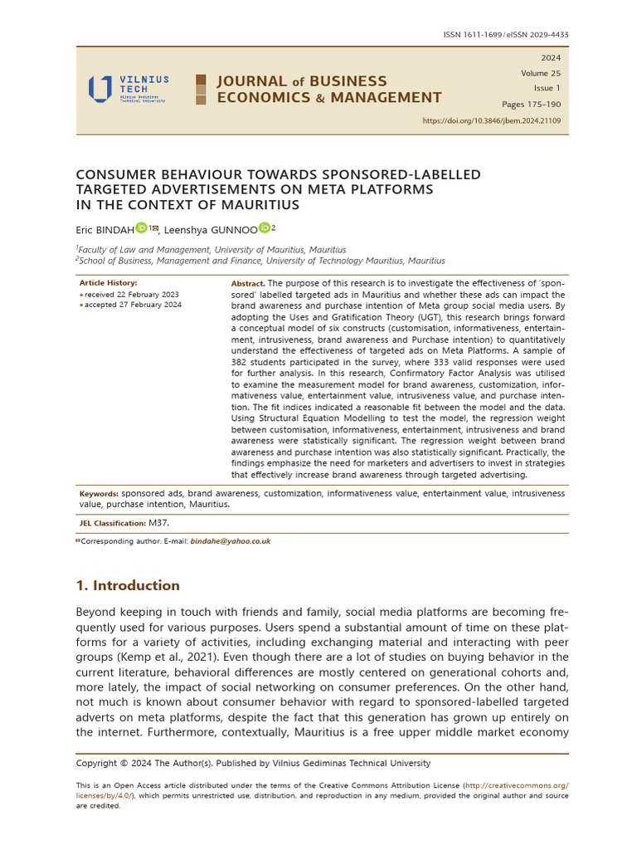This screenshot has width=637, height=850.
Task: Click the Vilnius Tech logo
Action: click(128, 89)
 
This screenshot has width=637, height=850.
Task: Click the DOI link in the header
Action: click(491, 120)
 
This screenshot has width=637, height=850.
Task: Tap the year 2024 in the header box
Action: click(550, 58)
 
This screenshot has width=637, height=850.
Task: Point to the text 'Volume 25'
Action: click(540, 73)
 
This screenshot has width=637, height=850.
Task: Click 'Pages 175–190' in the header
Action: click(531, 105)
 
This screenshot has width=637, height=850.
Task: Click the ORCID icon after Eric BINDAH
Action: click(141, 227)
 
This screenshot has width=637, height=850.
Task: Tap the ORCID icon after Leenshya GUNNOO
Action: click(264, 227)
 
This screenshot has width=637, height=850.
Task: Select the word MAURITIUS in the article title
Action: click(257, 204)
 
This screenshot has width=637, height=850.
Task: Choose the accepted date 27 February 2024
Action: click(133, 305)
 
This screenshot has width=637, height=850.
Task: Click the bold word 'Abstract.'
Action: click(246, 284)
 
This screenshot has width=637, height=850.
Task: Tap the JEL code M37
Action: click(158, 523)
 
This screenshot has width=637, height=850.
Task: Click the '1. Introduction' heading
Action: click(128, 585)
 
